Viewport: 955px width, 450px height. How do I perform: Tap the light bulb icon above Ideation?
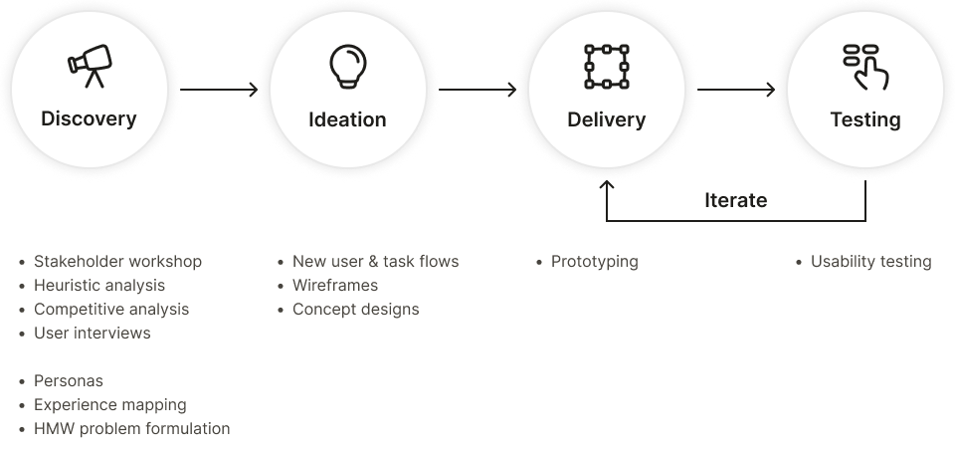click(x=347, y=66)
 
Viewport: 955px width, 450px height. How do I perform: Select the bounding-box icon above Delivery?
click(x=606, y=66)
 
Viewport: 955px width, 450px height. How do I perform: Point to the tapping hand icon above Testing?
click(x=865, y=66)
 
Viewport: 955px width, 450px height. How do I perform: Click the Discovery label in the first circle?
click(x=89, y=119)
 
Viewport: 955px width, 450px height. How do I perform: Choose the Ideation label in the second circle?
click(x=347, y=119)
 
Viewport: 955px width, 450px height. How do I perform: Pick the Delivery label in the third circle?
click(x=606, y=119)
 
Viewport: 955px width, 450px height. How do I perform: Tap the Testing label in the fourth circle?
click(x=865, y=119)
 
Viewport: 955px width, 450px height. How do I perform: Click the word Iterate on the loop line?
click(x=735, y=200)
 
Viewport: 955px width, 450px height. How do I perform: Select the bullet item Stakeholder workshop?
click(x=117, y=262)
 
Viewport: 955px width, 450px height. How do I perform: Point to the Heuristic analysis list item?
click(x=99, y=286)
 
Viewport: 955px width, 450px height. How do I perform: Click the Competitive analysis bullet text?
click(x=111, y=310)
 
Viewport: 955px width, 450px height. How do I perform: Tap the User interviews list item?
click(x=92, y=334)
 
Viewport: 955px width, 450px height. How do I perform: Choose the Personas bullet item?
click(x=69, y=381)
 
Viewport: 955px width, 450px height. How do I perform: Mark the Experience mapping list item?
click(x=109, y=405)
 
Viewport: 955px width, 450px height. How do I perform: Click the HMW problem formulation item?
click(x=131, y=429)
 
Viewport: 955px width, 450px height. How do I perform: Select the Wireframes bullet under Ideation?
click(x=335, y=286)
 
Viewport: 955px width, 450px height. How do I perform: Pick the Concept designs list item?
click(x=355, y=310)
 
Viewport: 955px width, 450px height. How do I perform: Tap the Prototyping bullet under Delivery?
click(x=594, y=262)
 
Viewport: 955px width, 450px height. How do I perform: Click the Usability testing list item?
click(x=870, y=262)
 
